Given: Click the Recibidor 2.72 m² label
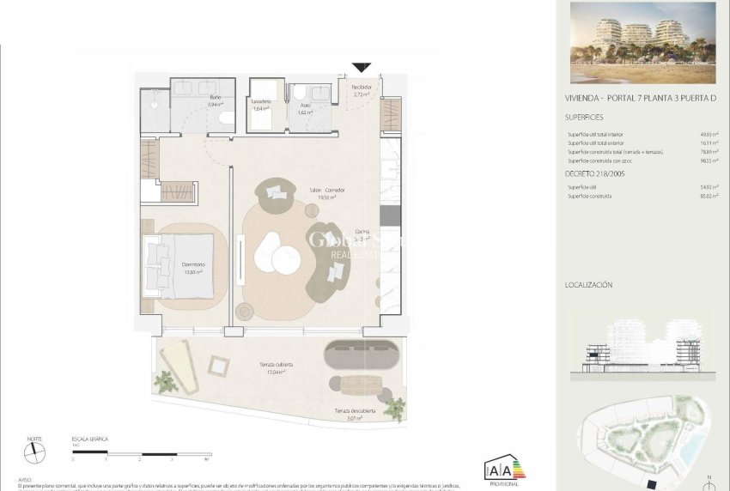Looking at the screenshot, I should (362, 90).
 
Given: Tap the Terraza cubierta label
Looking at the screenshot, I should (277, 367).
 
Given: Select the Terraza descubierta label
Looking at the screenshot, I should (354, 414).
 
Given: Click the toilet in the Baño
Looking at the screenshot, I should (226, 119).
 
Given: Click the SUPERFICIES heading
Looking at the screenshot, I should (584, 117).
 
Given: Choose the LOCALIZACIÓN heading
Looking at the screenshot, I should (588, 284).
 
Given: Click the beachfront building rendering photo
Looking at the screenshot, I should (642, 43).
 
